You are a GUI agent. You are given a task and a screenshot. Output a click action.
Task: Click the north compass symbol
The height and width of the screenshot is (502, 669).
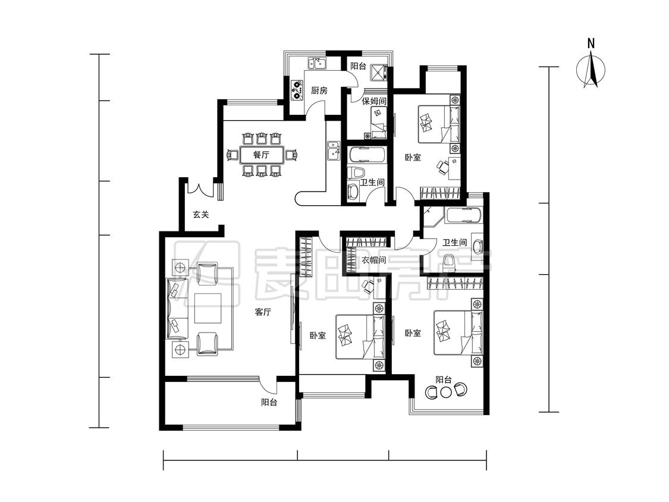point(591,70)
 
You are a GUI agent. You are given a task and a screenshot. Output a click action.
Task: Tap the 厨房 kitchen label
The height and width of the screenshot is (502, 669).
point(319,90)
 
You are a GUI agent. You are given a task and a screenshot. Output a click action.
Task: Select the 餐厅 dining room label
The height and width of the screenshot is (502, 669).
point(261,155)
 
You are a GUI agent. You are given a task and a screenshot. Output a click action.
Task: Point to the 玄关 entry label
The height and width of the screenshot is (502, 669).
point(200,214)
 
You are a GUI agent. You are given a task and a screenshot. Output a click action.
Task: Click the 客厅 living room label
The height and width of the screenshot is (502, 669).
point(263,312)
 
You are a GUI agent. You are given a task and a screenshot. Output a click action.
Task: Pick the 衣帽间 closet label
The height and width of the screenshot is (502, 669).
point(374,260)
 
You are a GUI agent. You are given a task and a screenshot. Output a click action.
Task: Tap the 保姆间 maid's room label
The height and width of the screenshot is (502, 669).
point(374,102)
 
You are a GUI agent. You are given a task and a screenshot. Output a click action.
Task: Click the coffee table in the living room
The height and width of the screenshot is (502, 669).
point(208,308)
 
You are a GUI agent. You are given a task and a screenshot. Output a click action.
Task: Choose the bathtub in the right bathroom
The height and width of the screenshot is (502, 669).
point(463,215)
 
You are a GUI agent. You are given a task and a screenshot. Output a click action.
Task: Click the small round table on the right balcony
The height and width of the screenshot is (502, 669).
point(446,392)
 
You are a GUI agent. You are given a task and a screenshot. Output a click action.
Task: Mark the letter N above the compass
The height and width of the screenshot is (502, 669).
point(591,43)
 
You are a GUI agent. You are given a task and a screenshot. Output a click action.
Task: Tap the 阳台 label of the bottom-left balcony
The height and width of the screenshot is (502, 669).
point(269,402)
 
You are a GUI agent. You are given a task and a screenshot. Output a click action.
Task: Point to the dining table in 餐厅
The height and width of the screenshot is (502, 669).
point(262,155)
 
